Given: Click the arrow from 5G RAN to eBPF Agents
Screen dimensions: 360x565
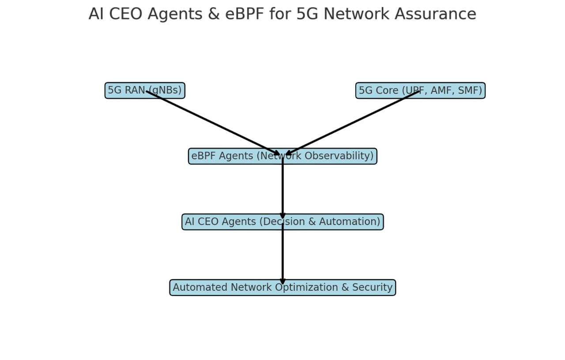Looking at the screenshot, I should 212,123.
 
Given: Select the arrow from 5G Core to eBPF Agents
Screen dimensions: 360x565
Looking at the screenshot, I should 353,123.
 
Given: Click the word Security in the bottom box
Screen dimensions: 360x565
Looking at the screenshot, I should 372,287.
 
